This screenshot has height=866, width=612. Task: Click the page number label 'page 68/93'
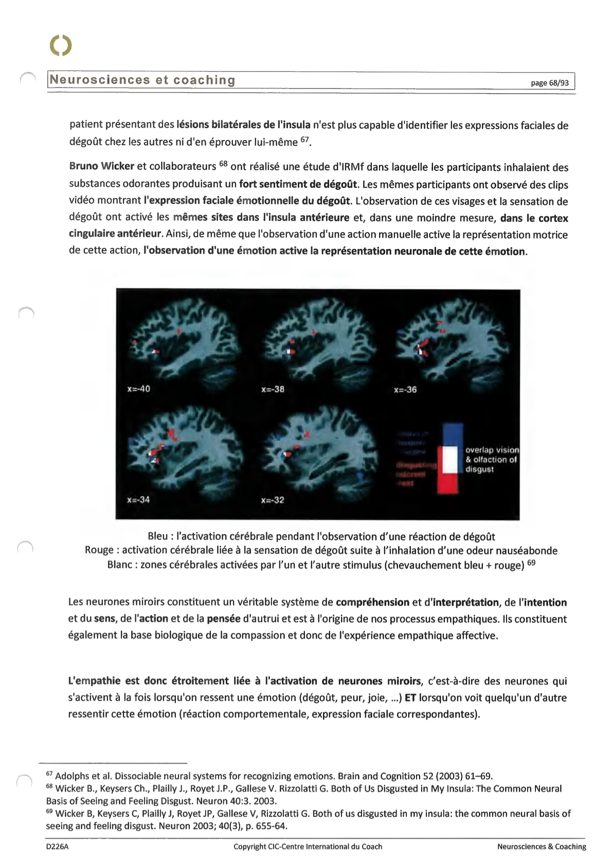(x=549, y=83)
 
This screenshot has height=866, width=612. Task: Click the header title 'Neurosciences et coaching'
(x=142, y=80)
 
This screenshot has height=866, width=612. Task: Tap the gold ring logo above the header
(x=61, y=45)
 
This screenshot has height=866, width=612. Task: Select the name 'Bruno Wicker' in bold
(x=101, y=166)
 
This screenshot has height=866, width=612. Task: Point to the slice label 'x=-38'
(x=273, y=389)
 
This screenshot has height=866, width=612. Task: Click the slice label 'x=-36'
(x=405, y=390)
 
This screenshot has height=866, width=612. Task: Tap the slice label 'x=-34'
(x=138, y=500)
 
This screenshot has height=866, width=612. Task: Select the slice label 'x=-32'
(x=273, y=500)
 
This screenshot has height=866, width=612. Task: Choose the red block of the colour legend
(x=448, y=484)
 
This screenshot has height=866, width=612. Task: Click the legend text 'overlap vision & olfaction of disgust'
(x=491, y=459)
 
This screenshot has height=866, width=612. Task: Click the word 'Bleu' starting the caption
(x=157, y=537)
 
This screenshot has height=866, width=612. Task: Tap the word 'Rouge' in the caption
(x=99, y=551)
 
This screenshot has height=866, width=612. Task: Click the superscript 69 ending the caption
(x=531, y=562)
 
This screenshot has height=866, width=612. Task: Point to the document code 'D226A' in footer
(x=57, y=846)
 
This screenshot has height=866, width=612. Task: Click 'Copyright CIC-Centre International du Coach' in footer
(x=308, y=846)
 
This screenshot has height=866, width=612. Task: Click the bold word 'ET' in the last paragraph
(x=410, y=698)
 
